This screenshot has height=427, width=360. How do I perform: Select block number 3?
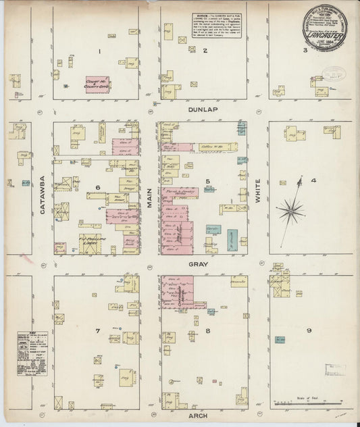306,50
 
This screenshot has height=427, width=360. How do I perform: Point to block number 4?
313,180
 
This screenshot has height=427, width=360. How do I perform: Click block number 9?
308,330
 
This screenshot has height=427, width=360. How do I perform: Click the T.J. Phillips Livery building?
91,241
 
